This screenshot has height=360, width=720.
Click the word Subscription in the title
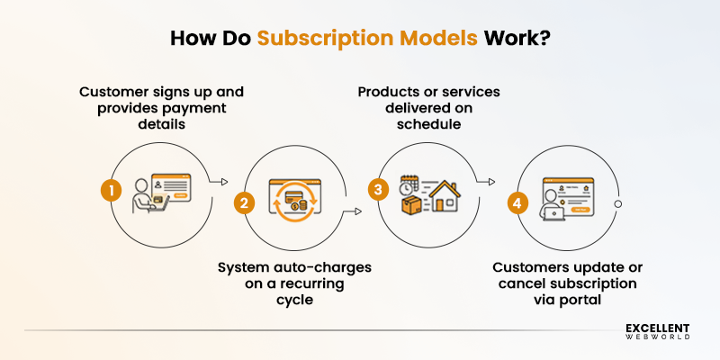(x=314, y=40)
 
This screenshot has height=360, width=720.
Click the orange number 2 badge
(x=242, y=202)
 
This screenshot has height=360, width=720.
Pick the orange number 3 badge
(x=379, y=190)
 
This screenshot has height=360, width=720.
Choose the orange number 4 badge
(x=514, y=202)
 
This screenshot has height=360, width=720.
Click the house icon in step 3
(x=443, y=196)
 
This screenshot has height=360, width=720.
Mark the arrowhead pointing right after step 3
(x=491, y=181)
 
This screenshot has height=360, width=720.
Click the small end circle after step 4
(x=617, y=204)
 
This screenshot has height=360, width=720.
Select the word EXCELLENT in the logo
(x=658, y=329)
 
